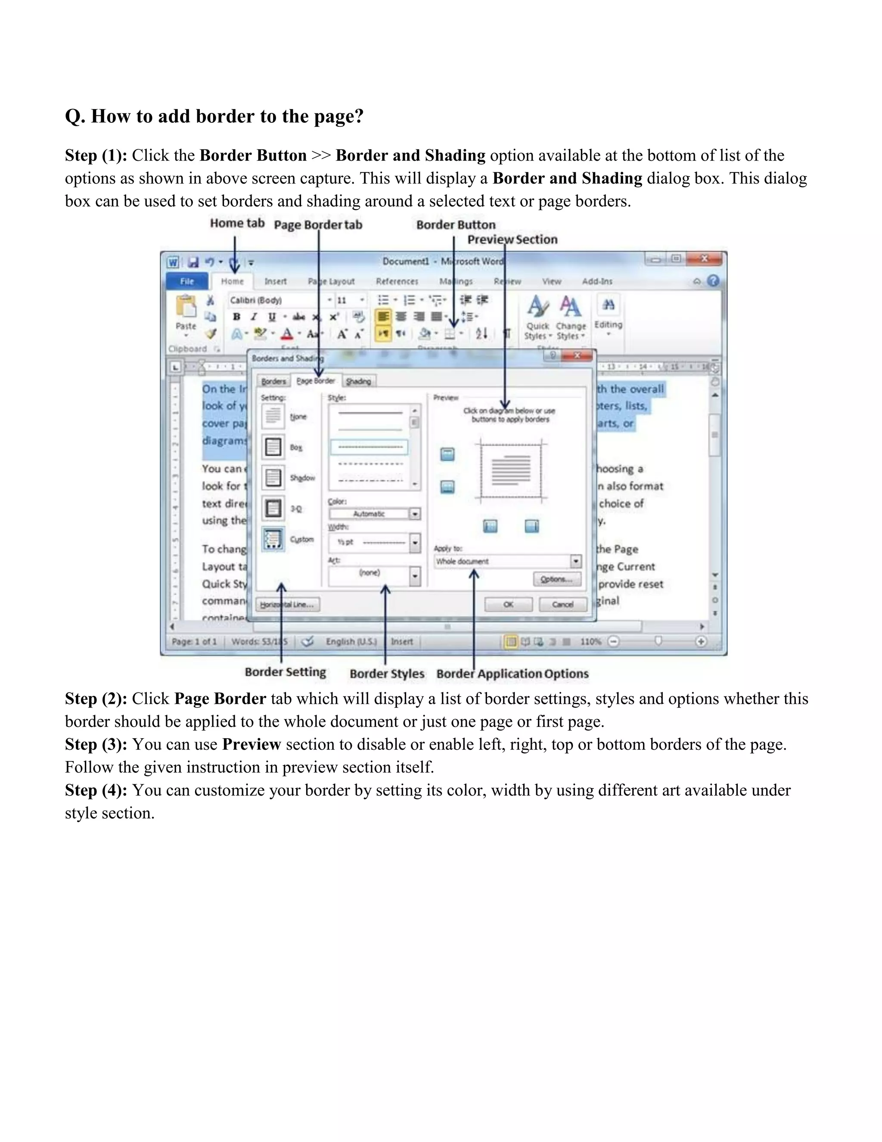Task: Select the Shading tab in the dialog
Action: [358, 381]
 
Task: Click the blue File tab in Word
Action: [187, 281]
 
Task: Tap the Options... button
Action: [556, 579]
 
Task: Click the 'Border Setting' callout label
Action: [285, 672]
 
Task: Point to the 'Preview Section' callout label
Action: [512, 240]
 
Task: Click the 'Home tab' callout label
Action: [237, 223]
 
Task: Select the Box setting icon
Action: [273, 447]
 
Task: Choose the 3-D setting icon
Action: [273, 508]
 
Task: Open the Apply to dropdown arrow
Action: [575, 562]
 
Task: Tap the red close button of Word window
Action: [704, 259]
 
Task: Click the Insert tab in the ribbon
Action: [275, 281]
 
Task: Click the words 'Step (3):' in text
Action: [96, 745]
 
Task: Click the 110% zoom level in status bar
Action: [590, 642]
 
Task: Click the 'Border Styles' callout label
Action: [387, 674]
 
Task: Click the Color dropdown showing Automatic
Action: [374, 514]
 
